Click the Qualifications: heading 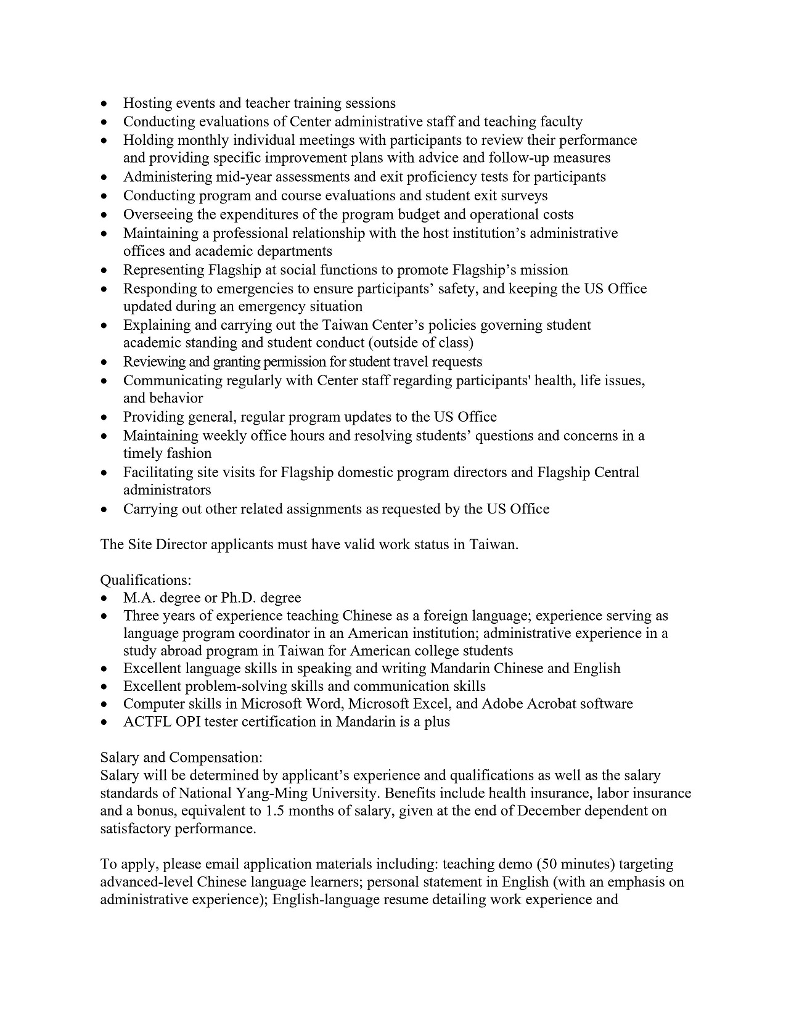pyautogui.click(x=145, y=580)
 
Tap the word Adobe pyautogui.click(x=502, y=704)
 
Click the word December pyautogui.click(x=549, y=811)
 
